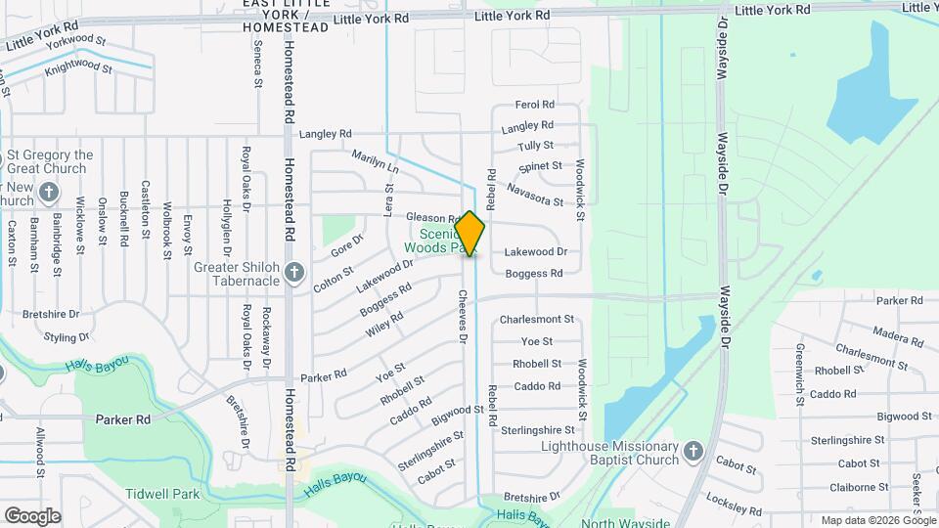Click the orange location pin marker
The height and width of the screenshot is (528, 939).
pyautogui.click(x=470, y=234)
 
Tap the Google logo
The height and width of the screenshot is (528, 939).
pyautogui.click(x=32, y=515)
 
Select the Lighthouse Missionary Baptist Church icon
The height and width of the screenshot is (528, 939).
pyautogui.click(x=693, y=451)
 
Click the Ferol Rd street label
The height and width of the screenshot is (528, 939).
pyautogui.click(x=535, y=105)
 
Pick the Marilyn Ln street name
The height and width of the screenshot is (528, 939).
pyautogui.click(x=375, y=161)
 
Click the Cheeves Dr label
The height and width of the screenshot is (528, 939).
pyautogui.click(x=462, y=316)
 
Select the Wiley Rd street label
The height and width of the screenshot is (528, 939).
pyautogui.click(x=384, y=323)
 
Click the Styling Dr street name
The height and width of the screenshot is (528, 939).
pyautogui.click(x=67, y=337)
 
